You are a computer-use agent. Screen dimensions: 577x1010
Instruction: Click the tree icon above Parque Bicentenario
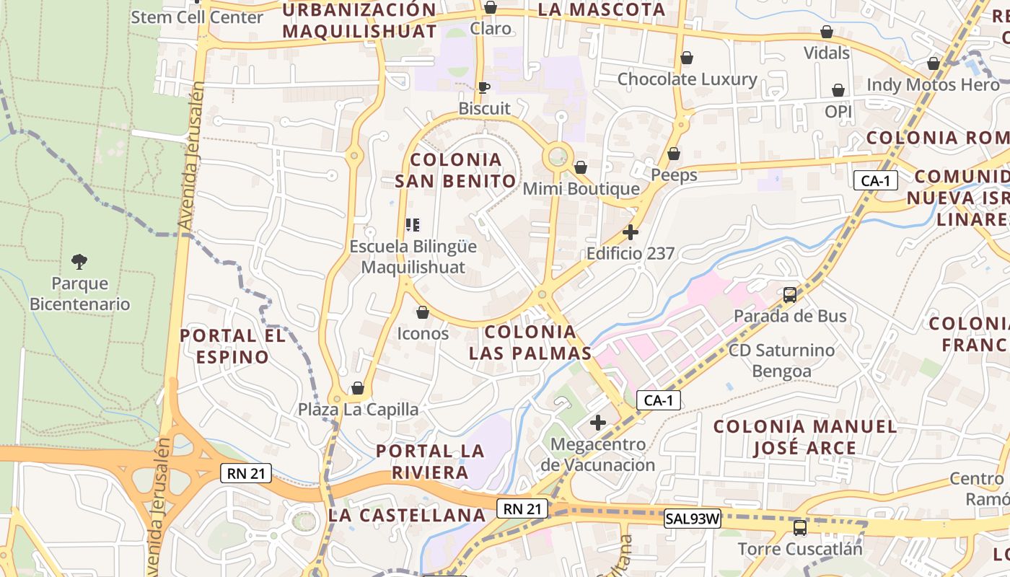pos(79,261)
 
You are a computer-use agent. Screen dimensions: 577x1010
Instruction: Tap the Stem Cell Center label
pos(197,17)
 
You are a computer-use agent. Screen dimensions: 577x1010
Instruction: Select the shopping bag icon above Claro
pos(491,7)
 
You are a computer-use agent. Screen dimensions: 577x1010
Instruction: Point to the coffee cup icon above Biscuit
pos(484,87)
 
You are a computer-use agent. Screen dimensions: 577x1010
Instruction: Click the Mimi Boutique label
pos(581,189)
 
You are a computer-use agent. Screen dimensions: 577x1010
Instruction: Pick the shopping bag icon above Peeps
pos(674,154)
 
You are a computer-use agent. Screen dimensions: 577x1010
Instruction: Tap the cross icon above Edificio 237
pos(631,232)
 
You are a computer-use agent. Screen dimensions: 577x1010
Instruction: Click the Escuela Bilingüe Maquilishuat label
pos(413,257)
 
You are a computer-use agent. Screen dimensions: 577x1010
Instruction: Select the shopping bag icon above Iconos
pos(423,312)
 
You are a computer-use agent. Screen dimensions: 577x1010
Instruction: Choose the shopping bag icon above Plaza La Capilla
pos(358,389)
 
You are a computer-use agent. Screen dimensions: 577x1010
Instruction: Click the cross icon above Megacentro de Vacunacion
pos(598,423)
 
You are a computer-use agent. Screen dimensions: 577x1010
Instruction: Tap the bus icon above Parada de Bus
pos(790,294)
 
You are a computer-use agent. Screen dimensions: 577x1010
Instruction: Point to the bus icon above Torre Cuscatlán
pos(800,527)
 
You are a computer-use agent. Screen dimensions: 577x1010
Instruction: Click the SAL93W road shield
pos(693,518)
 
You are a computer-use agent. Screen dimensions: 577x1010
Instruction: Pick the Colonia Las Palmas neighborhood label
pos(530,343)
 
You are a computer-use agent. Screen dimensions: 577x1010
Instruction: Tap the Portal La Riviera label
pos(431,462)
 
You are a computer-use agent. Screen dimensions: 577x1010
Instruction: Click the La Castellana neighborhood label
pos(407,515)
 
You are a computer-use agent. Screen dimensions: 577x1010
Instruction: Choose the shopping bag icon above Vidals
pos(827,32)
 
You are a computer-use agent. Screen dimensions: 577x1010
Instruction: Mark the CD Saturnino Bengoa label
pos(782,361)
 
